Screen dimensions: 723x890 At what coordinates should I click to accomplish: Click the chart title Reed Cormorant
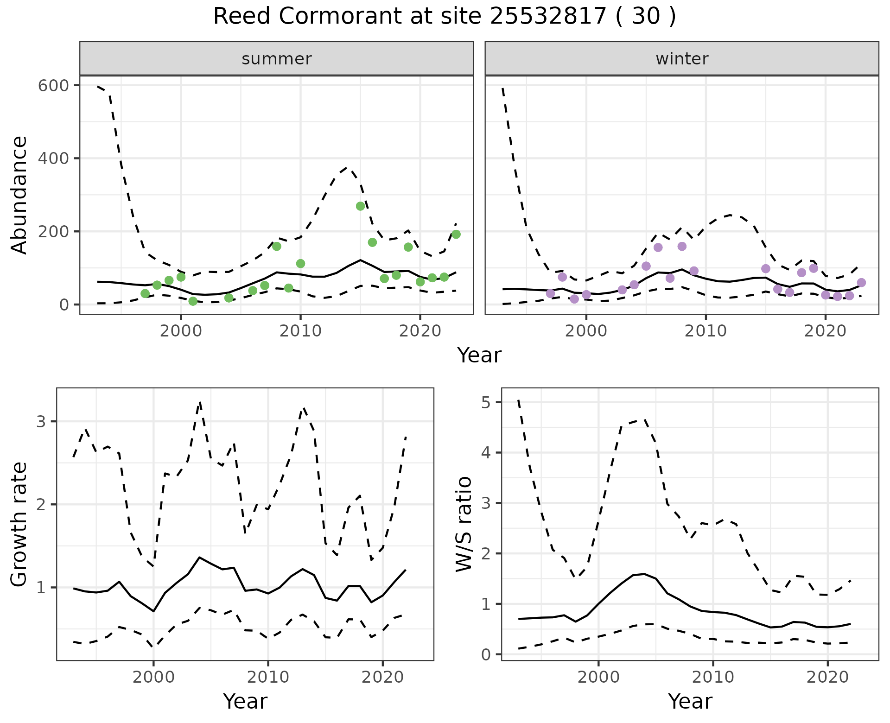point(444,17)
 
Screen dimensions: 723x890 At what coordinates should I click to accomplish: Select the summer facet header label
point(277,59)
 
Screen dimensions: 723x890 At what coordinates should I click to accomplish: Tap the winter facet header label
point(682,59)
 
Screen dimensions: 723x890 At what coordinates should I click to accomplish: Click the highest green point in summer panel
point(360,206)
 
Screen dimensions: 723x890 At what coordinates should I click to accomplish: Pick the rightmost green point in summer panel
point(456,234)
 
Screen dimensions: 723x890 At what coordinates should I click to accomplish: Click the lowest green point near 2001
point(193,301)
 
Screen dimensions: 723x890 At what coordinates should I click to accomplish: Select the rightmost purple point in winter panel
point(861,283)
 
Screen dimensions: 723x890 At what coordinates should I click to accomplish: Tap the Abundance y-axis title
point(19,195)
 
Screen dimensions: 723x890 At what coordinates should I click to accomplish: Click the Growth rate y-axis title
point(19,525)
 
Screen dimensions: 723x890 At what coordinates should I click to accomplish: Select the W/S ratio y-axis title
point(464,525)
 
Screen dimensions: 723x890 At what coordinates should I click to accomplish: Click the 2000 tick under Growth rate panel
point(153,677)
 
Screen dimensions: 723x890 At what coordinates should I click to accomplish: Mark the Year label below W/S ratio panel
point(690,702)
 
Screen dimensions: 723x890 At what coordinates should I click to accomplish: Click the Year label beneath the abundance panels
point(479,355)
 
